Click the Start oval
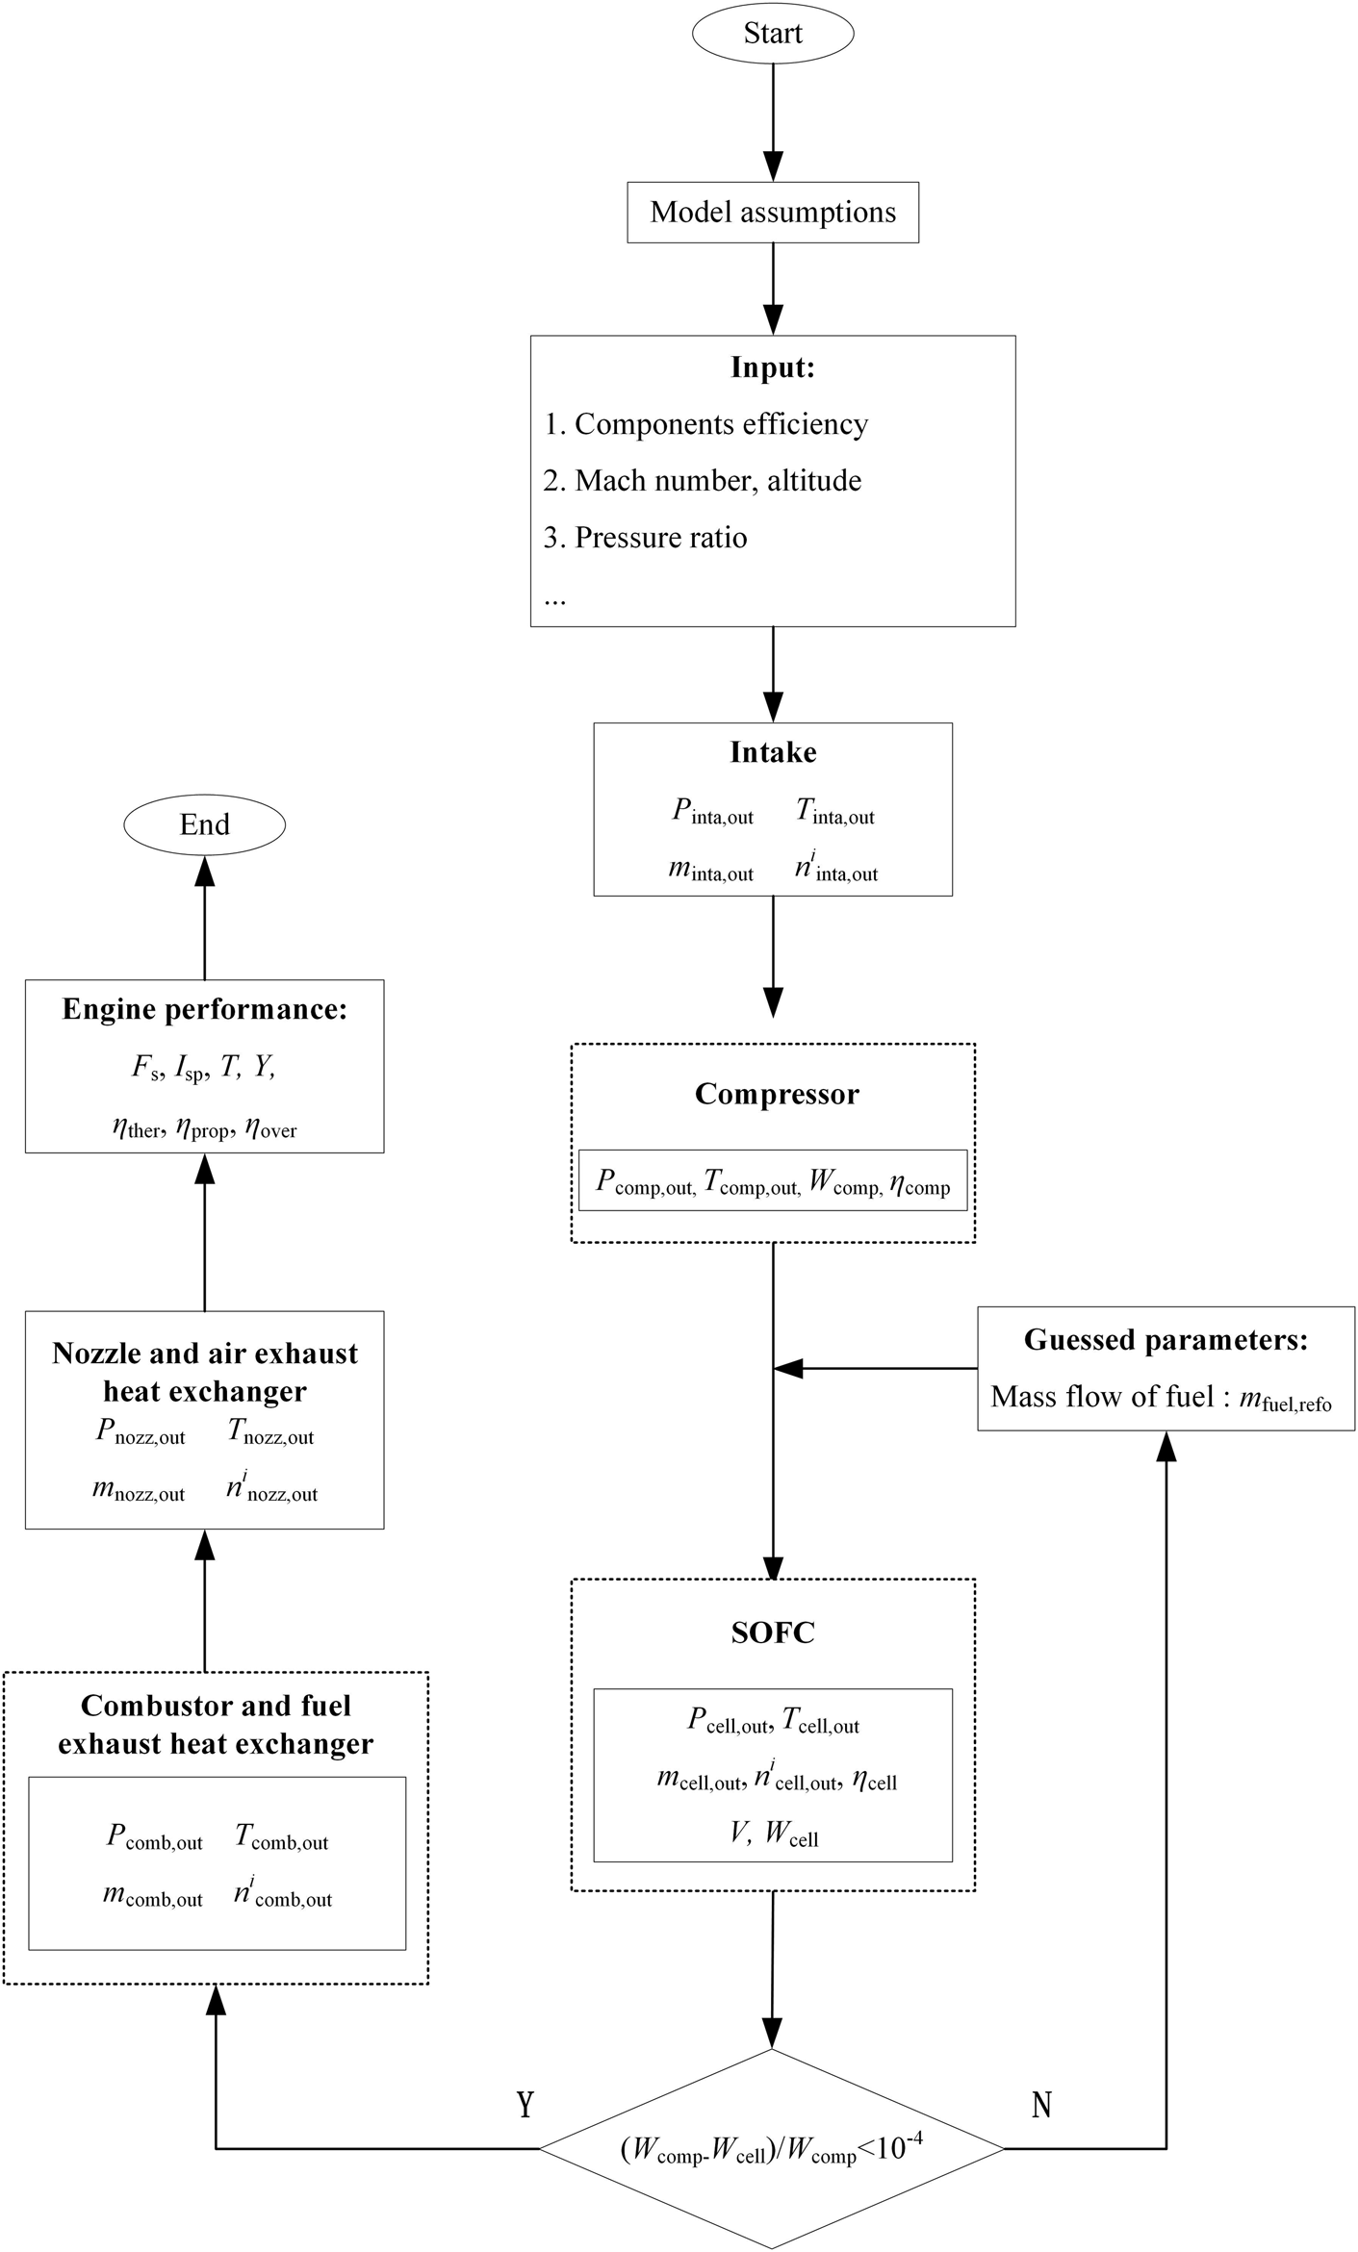point(773,34)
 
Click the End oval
point(204,824)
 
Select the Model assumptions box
point(773,213)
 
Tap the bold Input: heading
point(773,367)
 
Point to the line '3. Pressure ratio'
point(645,538)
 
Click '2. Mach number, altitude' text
point(702,481)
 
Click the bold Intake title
point(773,752)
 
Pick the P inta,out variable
point(712,813)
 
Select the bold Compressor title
point(777,1094)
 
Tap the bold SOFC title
point(773,1632)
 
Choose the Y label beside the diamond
point(525,2105)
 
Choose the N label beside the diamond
point(1041,2105)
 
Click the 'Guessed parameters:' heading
point(1166,1340)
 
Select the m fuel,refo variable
point(1285,1399)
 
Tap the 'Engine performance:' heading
point(204,1009)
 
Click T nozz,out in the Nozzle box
point(270,1432)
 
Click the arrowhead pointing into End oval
point(204,871)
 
